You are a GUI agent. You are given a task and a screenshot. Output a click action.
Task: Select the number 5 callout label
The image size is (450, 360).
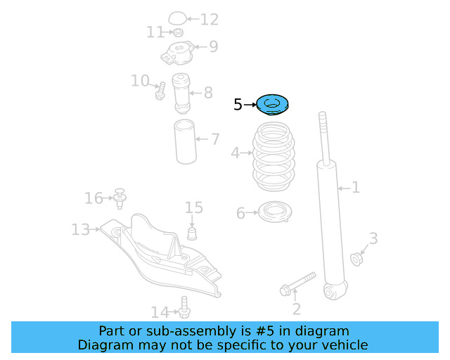[238, 105]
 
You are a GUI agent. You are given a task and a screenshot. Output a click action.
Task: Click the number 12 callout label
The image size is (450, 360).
[210, 19]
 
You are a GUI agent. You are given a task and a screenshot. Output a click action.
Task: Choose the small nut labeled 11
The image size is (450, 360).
[179, 32]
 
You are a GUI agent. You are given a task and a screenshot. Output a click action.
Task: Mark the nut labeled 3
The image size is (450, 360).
[356, 259]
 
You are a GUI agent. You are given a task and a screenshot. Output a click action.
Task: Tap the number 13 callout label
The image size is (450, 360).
[80, 229]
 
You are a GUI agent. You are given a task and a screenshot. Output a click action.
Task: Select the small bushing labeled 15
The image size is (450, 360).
[192, 232]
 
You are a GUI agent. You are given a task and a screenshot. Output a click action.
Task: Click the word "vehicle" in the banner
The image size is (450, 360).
[345, 345]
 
